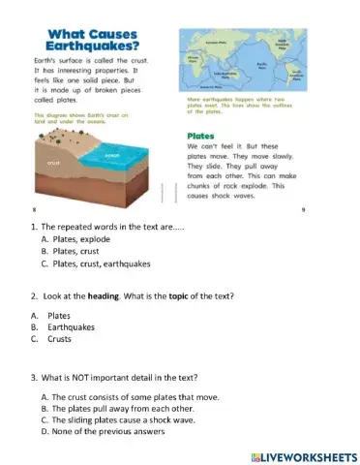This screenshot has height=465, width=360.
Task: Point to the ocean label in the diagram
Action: [110, 156]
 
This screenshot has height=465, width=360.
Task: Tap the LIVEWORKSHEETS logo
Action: [290, 453]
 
